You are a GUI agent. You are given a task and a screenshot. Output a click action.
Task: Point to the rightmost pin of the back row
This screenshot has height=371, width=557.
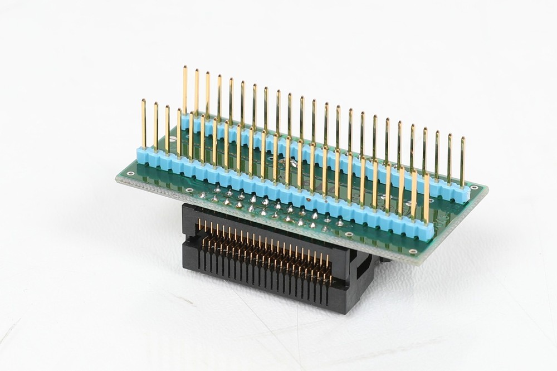(462, 162)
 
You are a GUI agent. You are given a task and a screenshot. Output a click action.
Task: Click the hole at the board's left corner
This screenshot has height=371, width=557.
(130, 173)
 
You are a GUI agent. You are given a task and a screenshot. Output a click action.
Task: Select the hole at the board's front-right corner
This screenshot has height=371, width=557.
(413, 251)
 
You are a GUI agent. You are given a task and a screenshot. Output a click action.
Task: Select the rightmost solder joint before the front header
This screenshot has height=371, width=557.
(340, 223)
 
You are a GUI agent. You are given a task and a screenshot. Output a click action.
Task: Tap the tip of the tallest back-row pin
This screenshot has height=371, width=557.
(184, 67)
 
